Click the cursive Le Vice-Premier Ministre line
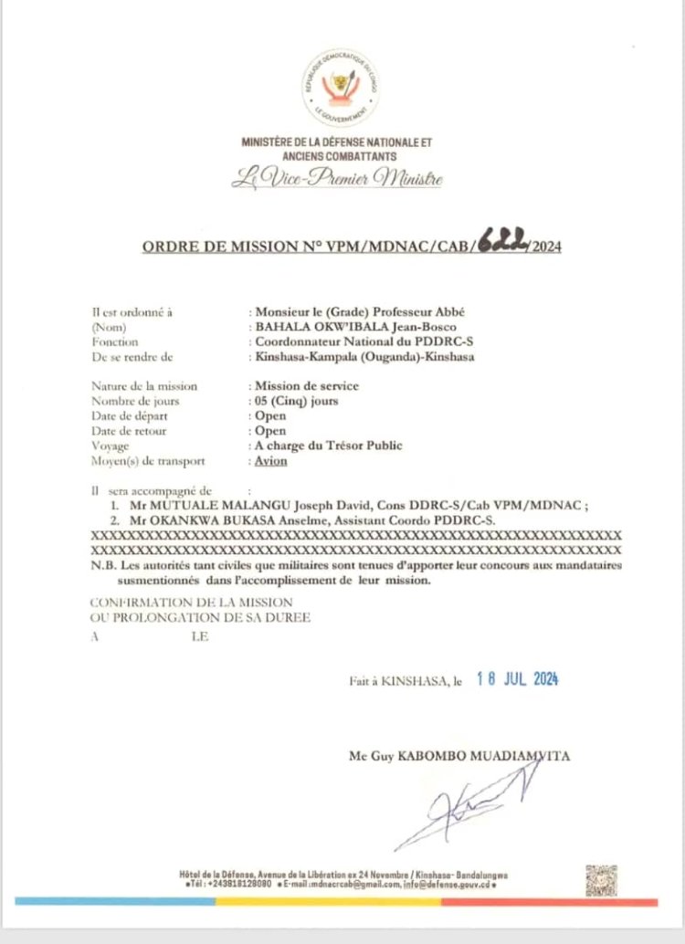pos(336,179)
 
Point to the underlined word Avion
pos(271,460)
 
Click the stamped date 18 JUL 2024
pos(517,678)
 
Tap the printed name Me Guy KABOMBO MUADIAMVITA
pos(461,756)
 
